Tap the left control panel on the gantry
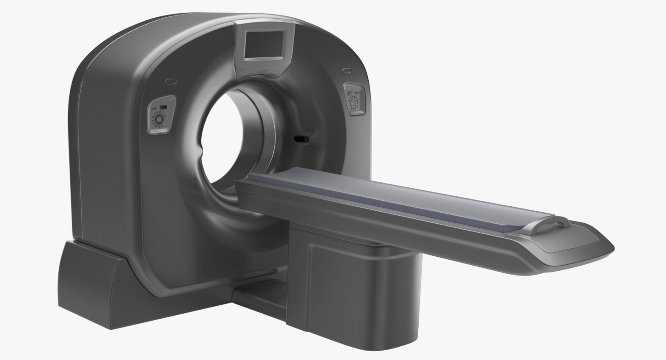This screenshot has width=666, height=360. coord(159,118)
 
